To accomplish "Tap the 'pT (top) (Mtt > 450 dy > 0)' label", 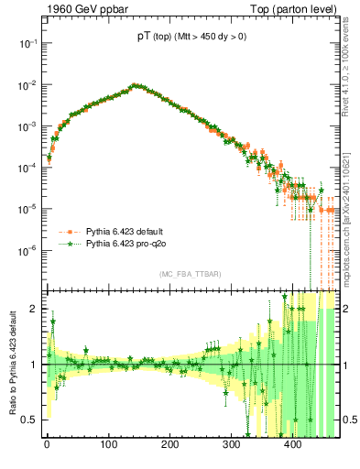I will (191, 37).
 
